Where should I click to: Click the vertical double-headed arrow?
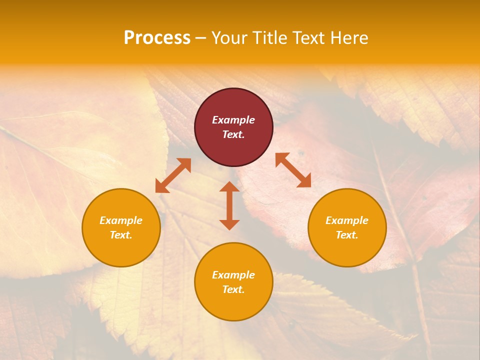(229, 205)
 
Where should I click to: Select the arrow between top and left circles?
(173, 175)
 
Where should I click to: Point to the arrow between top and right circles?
(293, 170)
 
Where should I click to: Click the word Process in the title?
(157, 37)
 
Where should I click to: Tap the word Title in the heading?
(270, 38)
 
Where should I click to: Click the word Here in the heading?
(349, 38)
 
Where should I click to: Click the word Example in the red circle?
(233, 120)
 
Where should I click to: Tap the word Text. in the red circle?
(233, 134)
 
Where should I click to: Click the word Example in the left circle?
(121, 220)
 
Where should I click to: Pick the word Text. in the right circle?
(347, 235)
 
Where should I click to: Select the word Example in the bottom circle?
(233, 275)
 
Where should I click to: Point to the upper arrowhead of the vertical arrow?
(229, 186)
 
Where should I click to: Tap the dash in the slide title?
(200, 38)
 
